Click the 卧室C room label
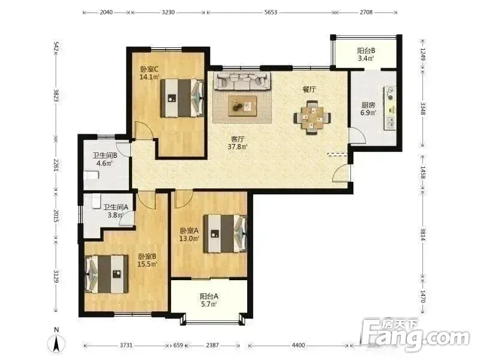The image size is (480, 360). tap(149, 69)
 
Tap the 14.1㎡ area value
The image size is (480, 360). tap(149, 77)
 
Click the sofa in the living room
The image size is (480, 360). tap(242, 81)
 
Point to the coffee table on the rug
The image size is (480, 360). tap(242, 106)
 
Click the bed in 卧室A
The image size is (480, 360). tap(226, 233)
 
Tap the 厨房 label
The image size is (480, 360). tap(368, 105)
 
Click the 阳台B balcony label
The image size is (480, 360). tap(366, 50)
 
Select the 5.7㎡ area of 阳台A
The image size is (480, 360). tap(209, 304)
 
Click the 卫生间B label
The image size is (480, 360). tap(105, 155)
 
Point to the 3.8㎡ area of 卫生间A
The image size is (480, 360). tap(115, 215)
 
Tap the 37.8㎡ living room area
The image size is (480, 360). tap(238, 146)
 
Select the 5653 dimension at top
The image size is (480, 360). tap(271, 12)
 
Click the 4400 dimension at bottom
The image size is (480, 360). tap(298, 346)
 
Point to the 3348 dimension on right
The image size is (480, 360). tap(423, 109)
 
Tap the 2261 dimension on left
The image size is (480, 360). tap(56, 166)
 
